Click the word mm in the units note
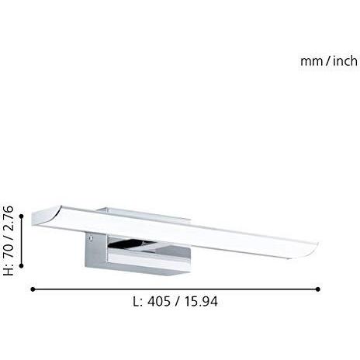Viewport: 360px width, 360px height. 311,62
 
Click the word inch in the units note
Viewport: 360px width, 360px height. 345,61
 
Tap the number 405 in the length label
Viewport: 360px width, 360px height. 159,302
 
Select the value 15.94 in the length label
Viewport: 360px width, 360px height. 201,302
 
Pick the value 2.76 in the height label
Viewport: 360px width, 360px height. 9,217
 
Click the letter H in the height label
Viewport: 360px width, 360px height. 9,270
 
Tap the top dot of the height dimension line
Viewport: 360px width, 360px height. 22,216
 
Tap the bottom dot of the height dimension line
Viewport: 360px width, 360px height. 22,265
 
